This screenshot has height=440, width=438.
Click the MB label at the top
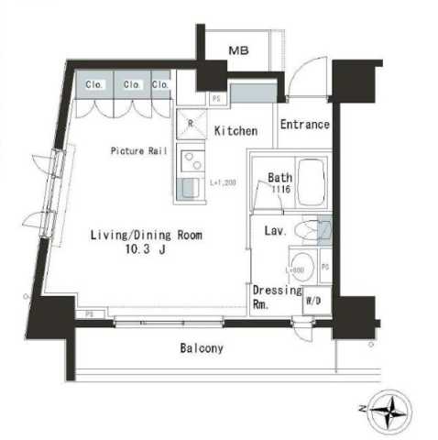click(x=237, y=49)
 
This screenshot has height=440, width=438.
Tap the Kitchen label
click(x=235, y=131)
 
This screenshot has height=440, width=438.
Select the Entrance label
click(x=304, y=125)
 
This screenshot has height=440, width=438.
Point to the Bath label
click(x=279, y=178)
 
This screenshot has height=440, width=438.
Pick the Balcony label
click(x=201, y=348)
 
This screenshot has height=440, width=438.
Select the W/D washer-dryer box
click(x=312, y=301)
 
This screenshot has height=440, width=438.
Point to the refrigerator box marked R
click(x=190, y=122)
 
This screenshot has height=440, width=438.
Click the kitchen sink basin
click(x=190, y=188)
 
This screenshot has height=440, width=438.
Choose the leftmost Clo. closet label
click(x=93, y=85)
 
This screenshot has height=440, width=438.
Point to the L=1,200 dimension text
click(x=224, y=183)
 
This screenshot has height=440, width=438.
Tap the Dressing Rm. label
click(x=276, y=297)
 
